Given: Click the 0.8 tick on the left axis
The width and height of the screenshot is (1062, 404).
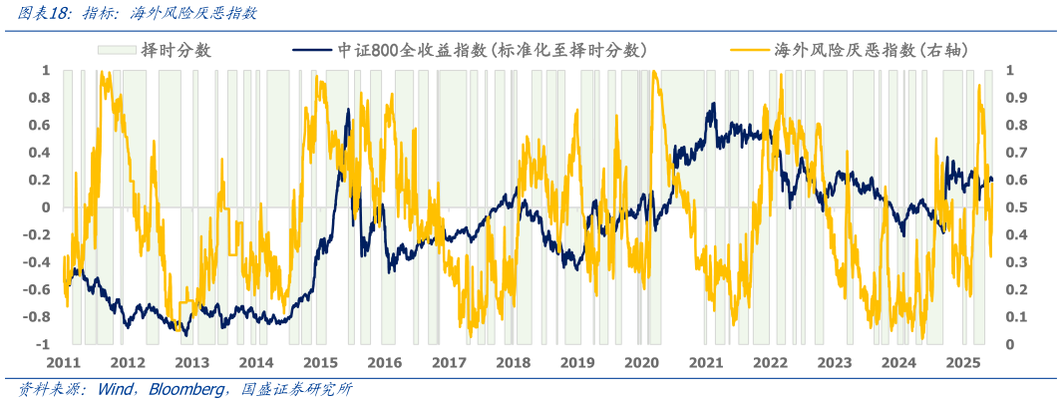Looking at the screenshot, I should click(40, 98).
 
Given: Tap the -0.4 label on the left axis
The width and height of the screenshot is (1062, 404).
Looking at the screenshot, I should click(38, 261).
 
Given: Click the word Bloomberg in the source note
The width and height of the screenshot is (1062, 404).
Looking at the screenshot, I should click(186, 389).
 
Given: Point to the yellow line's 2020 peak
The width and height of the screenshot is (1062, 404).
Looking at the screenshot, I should click(654, 73).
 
